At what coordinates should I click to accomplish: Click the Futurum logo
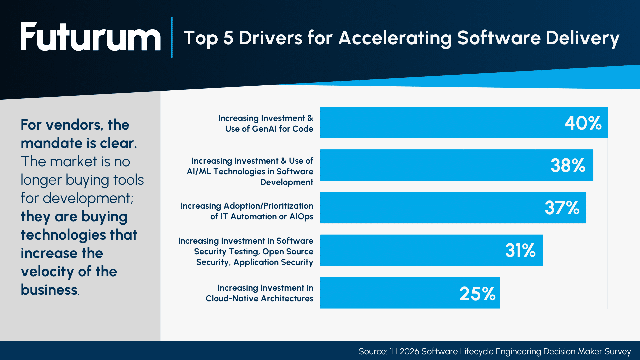(90, 37)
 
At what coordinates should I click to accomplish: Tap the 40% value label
(583, 123)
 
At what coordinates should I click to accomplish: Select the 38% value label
(568, 165)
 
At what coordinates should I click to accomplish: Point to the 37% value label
(562, 208)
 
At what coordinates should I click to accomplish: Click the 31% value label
(520, 250)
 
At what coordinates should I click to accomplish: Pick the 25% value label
(477, 294)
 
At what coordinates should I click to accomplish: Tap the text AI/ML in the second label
(199, 172)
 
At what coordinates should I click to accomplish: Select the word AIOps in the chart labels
(301, 217)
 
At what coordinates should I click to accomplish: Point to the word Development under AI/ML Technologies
(286, 182)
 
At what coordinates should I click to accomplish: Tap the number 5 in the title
(228, 38)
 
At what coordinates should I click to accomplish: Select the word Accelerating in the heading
(395, 38)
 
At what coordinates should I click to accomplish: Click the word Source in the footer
(372, 351)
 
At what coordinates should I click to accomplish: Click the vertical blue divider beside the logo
(172, 37)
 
